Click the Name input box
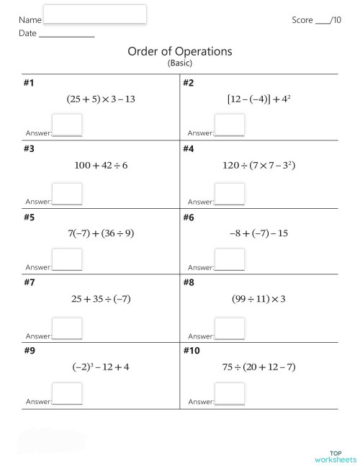(95, 14)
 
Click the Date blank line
(66, 34)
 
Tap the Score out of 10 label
(316, 20)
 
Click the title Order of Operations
(180, 51)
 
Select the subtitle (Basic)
(180, 63)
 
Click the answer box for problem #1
(68, 125)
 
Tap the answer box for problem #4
(230, 193)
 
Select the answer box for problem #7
(68, 328)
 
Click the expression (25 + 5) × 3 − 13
(101, 99)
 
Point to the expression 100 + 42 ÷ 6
(101, 166)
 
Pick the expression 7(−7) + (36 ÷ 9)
(101, 233)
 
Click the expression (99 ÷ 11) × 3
(259, 299)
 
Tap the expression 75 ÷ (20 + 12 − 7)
(259, 367)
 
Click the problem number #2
(189, 83)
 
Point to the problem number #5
(29, 217)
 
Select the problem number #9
(29, 351)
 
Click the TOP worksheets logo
(336, 457)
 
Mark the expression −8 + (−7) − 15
(259, 233)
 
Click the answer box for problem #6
(230, 260)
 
